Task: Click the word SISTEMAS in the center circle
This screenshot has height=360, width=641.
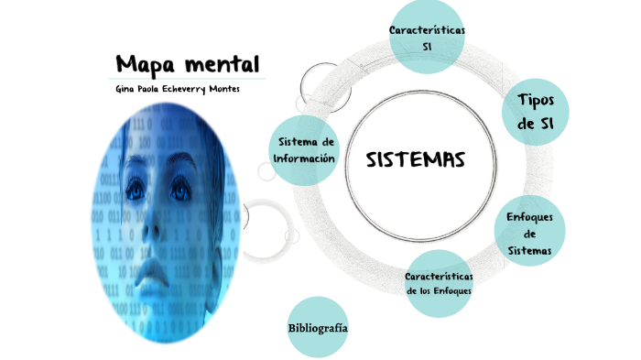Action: (x=416, y=160)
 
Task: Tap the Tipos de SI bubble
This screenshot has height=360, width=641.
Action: (x=536, y=112)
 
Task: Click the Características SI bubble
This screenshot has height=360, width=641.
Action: (x=427, y=38)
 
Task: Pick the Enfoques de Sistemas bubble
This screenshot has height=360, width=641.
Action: (x=536, y=234)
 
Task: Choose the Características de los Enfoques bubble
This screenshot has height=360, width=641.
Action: (x=439, y=283)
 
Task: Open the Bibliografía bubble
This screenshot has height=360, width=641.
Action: (x=318, y=327)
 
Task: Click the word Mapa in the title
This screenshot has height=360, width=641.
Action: (x=146, y=66)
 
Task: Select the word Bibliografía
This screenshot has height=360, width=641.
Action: (x=318, y=327)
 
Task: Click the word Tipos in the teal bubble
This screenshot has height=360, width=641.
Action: (x=536, y=100)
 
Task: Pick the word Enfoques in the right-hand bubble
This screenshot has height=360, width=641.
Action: (x=536, y=217)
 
